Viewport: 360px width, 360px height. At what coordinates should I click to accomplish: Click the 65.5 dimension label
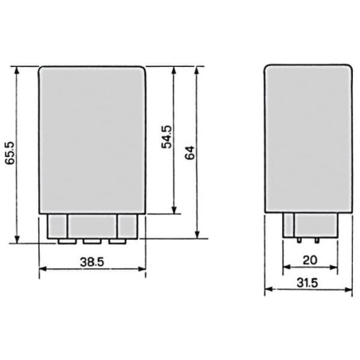[11, 153]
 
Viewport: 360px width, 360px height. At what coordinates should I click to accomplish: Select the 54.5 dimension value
[167, 137]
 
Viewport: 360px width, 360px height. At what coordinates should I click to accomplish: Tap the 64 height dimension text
[190, 153]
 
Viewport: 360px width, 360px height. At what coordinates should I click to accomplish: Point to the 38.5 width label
[92, 262]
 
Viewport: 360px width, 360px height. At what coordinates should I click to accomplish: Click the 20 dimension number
[310, 260]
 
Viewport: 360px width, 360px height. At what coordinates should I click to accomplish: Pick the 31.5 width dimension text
[307, 283]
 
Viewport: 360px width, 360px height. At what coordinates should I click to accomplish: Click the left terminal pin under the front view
[67, 241]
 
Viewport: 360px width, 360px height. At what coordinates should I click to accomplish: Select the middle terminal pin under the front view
[92, 241]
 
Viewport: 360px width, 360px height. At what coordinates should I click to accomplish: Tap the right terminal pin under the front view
[117, 241]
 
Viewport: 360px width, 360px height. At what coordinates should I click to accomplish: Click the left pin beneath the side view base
[299, 241]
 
